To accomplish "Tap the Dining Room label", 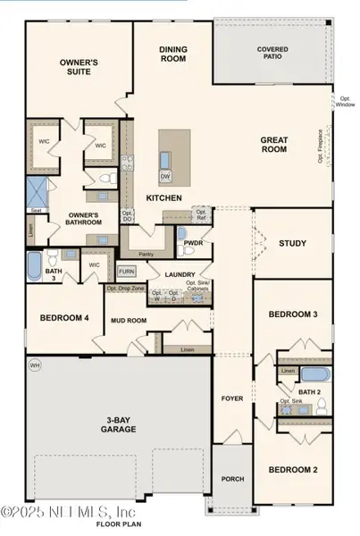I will tap(172, 55).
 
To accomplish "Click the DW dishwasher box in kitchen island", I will tap(165, 177).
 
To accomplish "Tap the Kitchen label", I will tap(164, 197).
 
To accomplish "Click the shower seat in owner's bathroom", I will tap(37, 211).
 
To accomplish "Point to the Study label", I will tap(292, 243).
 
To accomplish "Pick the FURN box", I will tap(126, 272).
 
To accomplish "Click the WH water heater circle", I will tap(35, 364).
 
